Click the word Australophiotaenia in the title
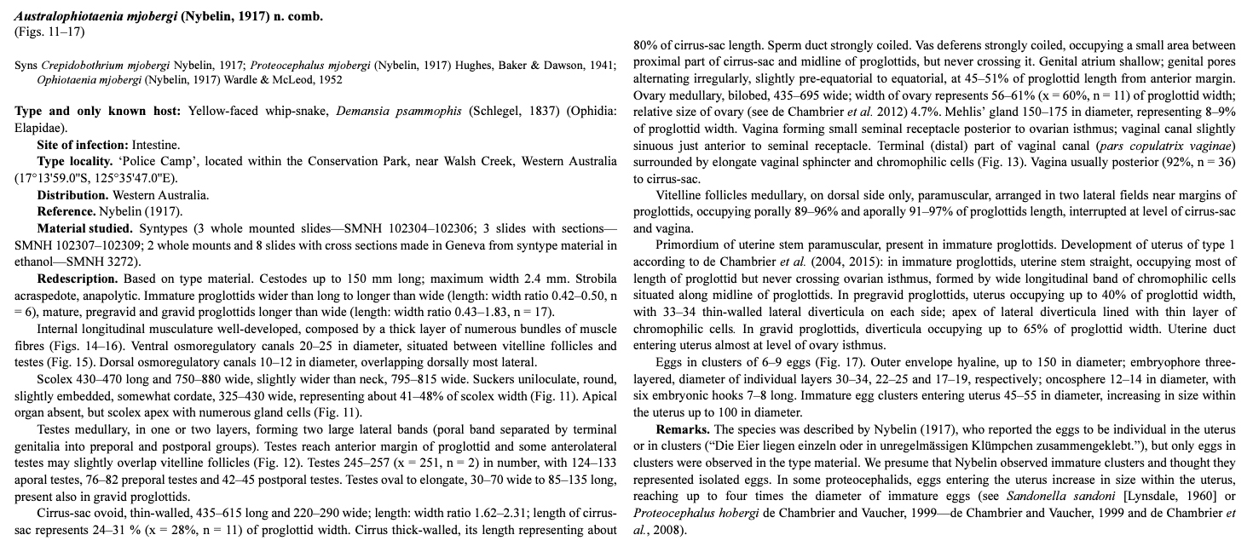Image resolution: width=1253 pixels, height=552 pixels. [x=65, y=16]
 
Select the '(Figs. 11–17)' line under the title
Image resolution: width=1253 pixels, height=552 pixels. [x=50, y=32]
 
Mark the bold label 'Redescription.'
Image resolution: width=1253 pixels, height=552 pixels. [x=78, y=279]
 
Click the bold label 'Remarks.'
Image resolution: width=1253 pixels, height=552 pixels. [x=685, y=428]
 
